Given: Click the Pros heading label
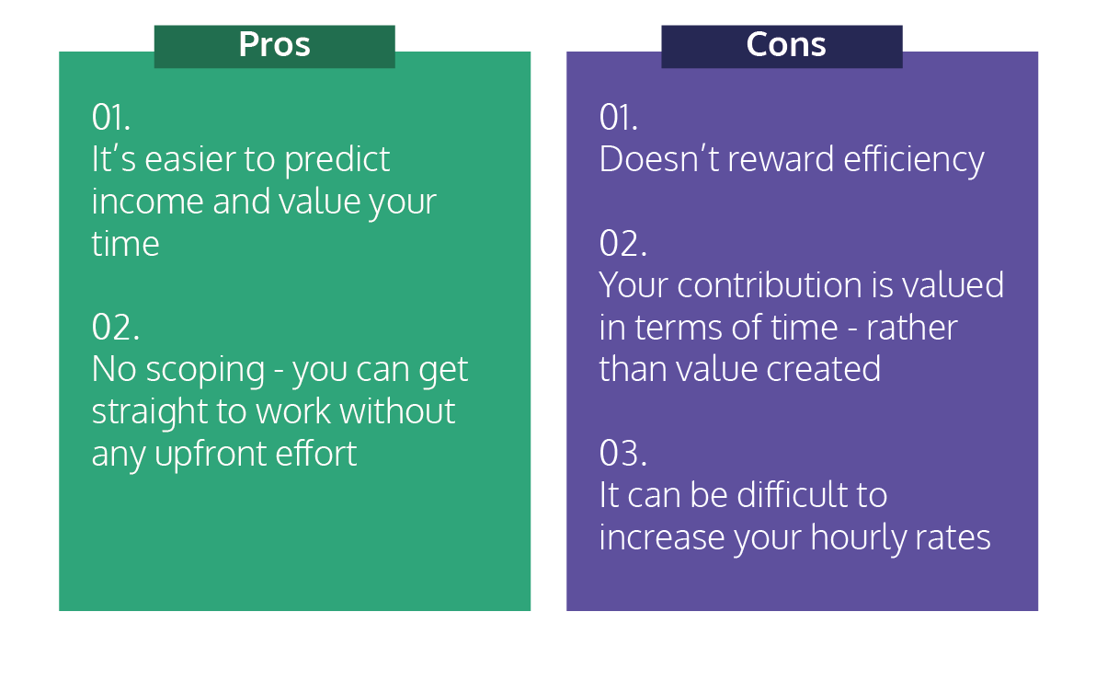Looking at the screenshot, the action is point(274,45).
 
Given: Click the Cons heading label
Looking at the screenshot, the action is point(785,45).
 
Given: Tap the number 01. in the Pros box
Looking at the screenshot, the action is point(110,117).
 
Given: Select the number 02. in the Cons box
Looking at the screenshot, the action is point(622,243).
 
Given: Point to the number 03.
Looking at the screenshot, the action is point(622,453).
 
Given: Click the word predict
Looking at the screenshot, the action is point(337,160).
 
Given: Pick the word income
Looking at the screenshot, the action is point(147,202).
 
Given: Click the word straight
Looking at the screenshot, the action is point(150,412).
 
